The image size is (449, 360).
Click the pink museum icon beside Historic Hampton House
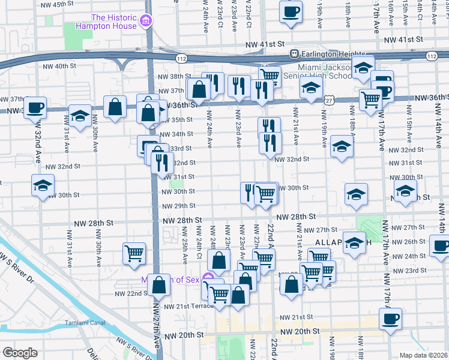click(x=144, y=22)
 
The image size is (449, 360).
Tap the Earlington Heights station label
click(x=328, y=53)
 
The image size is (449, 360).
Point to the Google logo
click(x=20, y=353)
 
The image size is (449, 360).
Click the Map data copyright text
click(x=423, y=355)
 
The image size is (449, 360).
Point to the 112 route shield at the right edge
click(x=431, y=56)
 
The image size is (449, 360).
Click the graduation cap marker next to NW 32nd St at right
click(x=342, y=146)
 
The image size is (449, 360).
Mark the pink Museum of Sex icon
click(x=208, y=277)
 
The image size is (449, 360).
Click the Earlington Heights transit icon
click(x=294, y=53)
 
